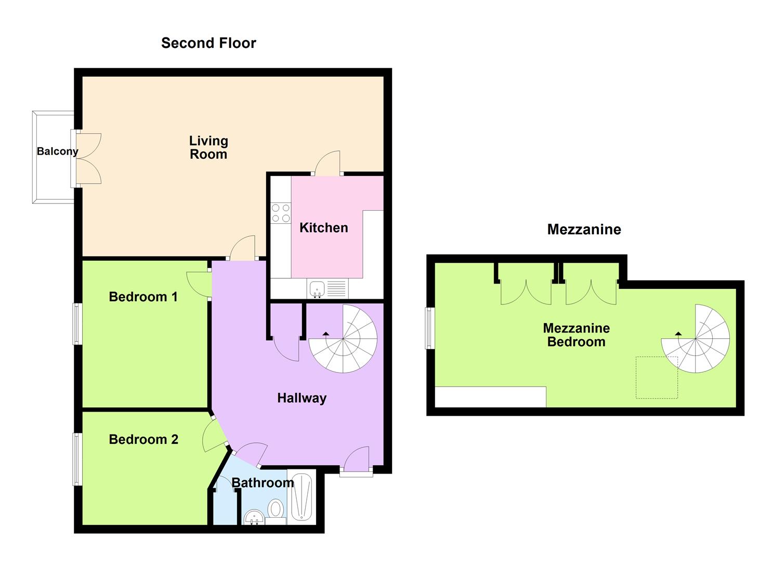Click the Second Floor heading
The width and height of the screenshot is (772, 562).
point(208,43)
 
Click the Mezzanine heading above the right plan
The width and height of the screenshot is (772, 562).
point(584,229)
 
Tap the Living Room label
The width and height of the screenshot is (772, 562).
point(208,148)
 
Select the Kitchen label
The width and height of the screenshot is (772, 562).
point(323,228)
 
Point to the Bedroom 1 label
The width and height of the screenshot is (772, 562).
point(143,297)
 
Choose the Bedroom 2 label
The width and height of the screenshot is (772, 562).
point(143,440)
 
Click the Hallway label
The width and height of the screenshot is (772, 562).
point(302,398)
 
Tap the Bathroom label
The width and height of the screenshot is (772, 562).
point(263,483)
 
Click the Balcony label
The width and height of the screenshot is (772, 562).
point(57,151)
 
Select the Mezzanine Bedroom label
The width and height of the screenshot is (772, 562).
point(576,335)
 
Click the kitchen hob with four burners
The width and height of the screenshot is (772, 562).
point(281,213)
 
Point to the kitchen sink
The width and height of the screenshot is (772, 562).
point(317,289)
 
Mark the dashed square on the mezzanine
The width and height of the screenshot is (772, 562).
point(657,377)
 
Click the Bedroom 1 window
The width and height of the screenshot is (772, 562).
point(77,324)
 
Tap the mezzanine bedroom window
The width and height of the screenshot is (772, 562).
point(429,328)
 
